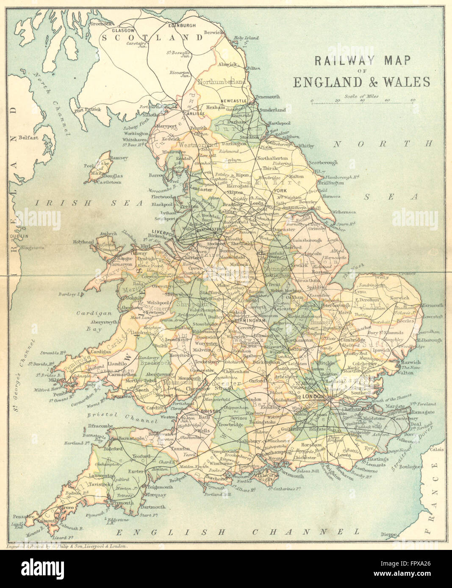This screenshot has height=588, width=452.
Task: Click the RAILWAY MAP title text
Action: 362,60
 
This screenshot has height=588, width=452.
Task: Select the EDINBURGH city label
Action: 182,25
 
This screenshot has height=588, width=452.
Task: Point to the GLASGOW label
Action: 123,31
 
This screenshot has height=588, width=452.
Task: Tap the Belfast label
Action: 28,137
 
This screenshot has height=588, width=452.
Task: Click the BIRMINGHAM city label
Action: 250,321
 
